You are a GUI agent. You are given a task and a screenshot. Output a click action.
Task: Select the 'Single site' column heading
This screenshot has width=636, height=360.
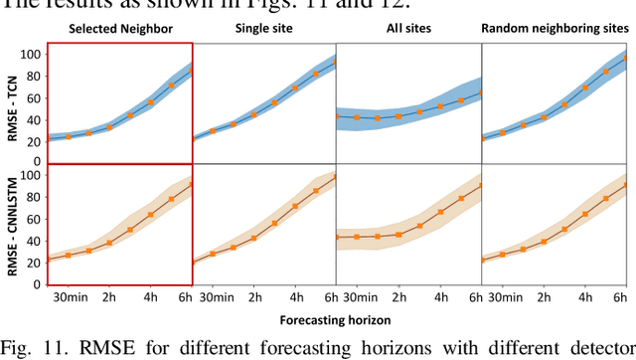pyautogui.click(x=262, y=30)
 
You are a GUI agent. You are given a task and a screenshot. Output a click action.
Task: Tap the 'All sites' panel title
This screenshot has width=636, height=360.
pyautogui.click(x=408, y=30)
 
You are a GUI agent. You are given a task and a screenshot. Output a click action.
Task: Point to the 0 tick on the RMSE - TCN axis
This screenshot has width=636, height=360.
pyautogui.click(x=37, y=161)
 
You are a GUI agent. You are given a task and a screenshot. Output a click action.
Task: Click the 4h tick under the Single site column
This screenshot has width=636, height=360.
pyautogui.click(x=295, y=297)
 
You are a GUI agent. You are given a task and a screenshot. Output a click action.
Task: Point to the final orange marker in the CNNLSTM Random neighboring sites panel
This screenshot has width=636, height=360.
pyautogui.click(x=625, y=185)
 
